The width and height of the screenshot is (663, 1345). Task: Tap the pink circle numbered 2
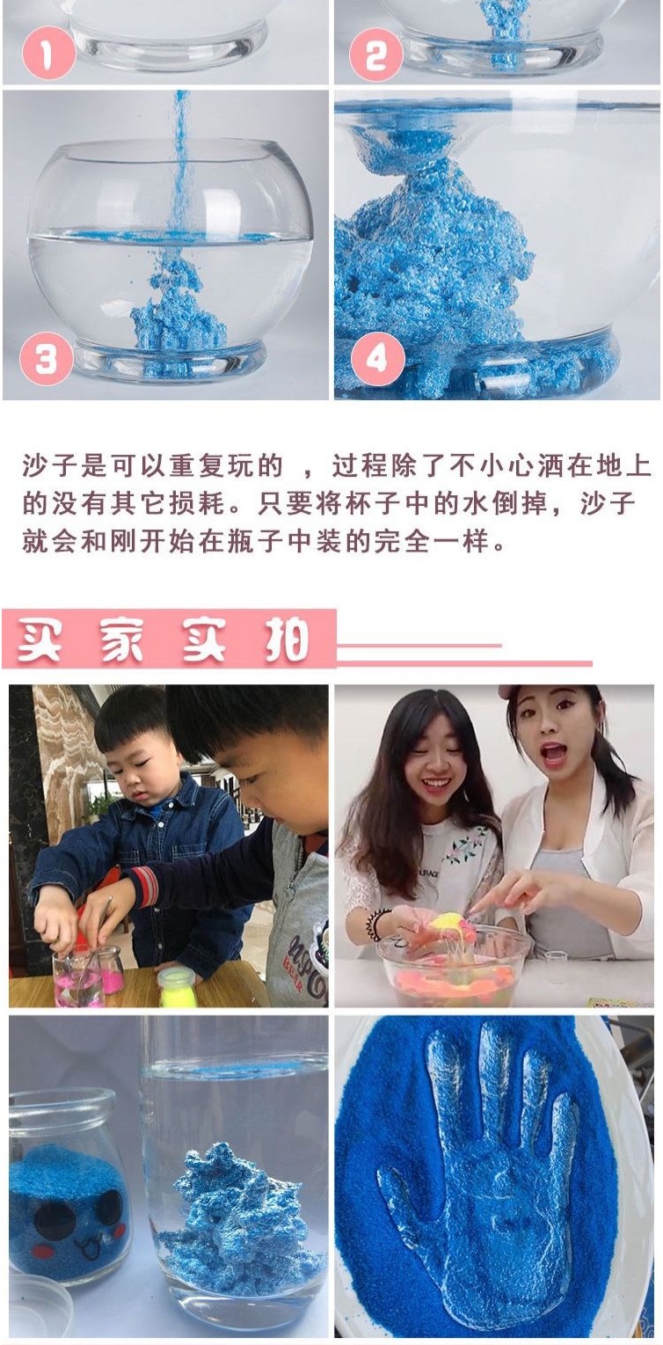pos(375,55)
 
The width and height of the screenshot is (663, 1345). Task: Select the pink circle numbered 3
pos(47,359)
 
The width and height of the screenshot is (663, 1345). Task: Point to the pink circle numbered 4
pos(377,359)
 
